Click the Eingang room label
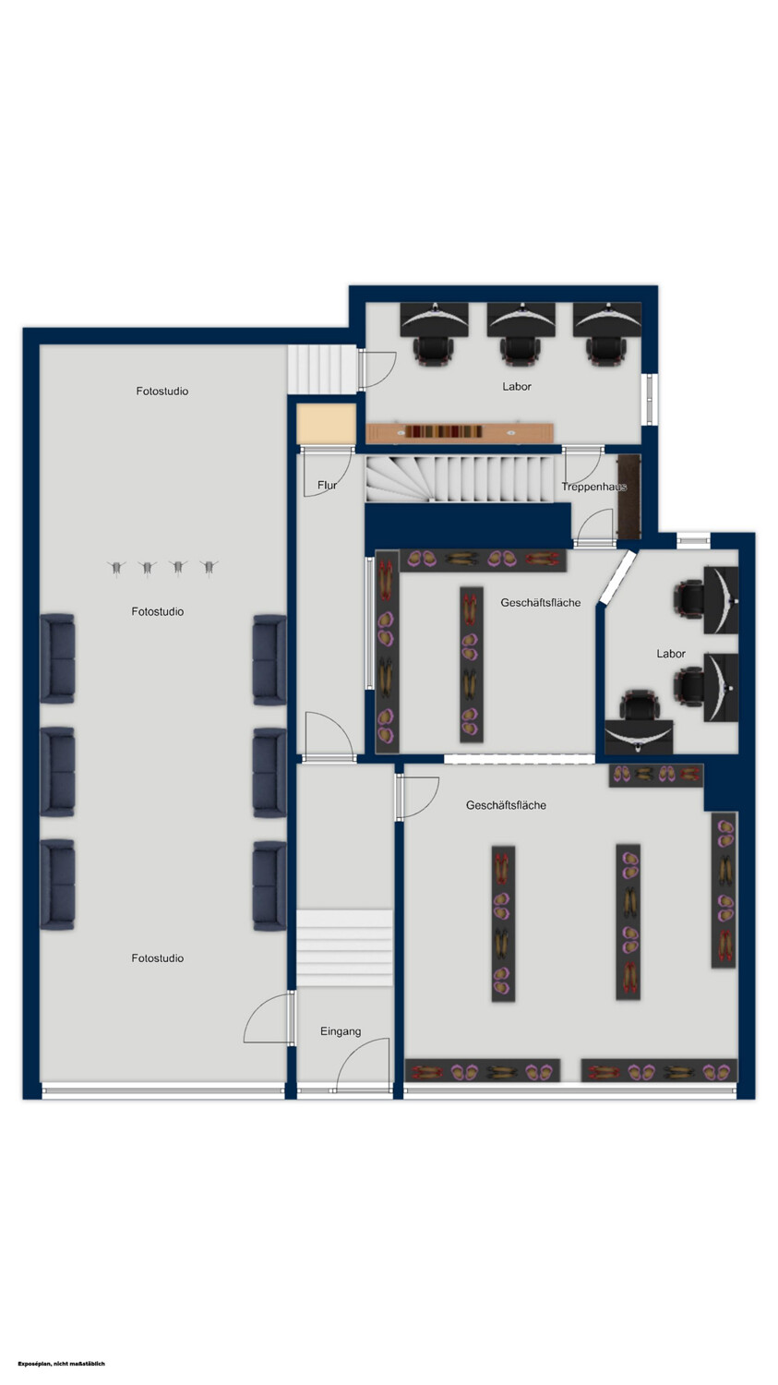341,1031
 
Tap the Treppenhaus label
593,487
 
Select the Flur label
327,486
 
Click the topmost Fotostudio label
162,391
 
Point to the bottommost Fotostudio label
158,957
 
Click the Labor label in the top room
517,387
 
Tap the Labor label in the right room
671,654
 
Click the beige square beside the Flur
327,424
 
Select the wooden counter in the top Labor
460,432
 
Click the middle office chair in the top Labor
521,350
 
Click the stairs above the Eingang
345,947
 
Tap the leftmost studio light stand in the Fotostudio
116,568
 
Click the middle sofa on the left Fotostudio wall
57,772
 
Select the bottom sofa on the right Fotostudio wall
269,885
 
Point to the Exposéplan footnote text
62,1364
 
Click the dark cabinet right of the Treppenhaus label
629,497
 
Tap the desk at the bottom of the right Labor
639,737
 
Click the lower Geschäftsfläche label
506,805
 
